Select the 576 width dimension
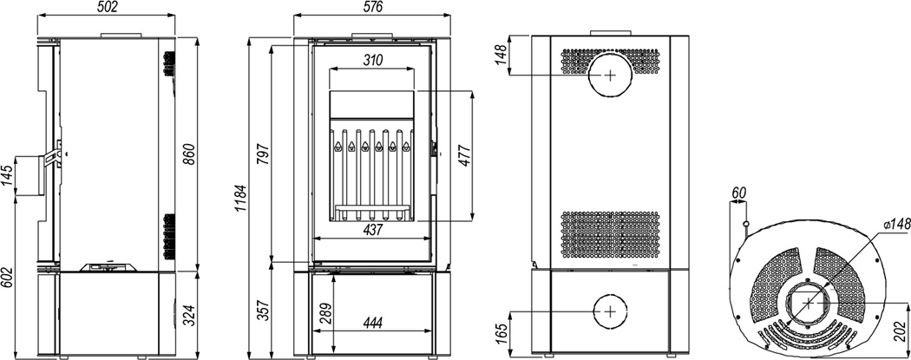pos(372,7)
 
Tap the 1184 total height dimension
pos(241,198)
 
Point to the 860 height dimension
pos(188,154)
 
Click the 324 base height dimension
pos(188,313)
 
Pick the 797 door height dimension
pos(263,154)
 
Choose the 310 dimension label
pos(372,60)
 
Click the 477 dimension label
pos(463,155)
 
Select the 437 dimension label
pos(372,230)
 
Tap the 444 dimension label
pos(372,324)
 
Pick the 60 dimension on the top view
pos(738,193)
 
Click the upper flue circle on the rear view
pos(610,75)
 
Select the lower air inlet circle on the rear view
pos(610,311)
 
